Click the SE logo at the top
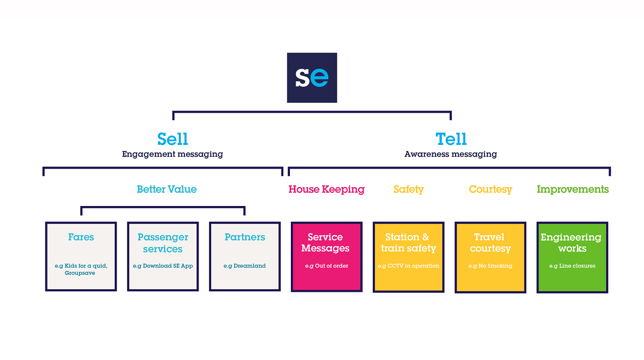312,78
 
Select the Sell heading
173,139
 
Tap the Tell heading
451,139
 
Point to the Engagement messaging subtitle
172,154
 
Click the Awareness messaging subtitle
451,154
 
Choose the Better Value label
167,189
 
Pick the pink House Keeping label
326,189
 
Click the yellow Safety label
408,189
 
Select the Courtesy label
490,189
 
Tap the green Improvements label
572,189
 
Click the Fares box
81,256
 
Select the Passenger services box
163,256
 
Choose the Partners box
244,256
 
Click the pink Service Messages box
326,256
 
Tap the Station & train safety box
408,256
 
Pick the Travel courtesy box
490,256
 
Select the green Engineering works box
572,256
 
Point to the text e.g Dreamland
244,266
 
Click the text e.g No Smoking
490,266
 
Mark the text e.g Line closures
572,266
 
